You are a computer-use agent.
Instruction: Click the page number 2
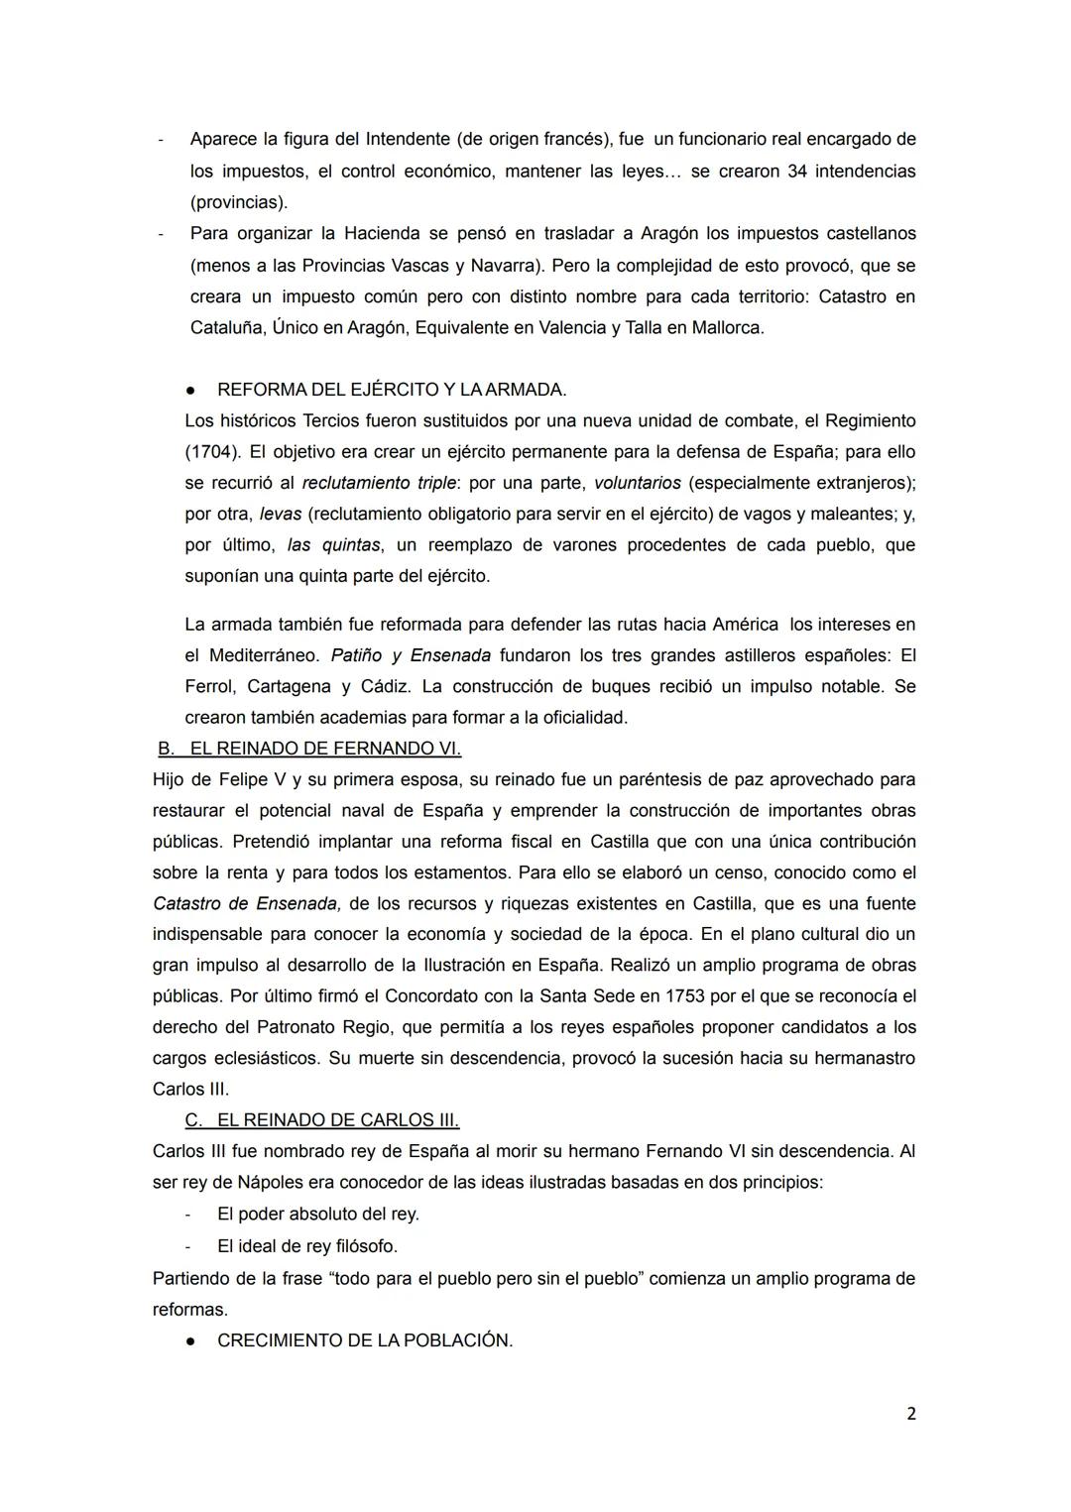(x=910, y=1414)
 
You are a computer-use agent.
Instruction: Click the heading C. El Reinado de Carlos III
(x=322, y=1120)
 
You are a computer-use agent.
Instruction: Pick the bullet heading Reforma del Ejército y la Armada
(x=392, y=390)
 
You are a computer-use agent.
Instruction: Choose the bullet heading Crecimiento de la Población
(x=364, y=1340)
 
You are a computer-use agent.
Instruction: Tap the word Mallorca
(x=727, y=327)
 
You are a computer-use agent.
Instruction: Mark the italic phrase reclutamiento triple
(x=384, y=483)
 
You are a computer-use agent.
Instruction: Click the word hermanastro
(x=864, y=1058)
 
